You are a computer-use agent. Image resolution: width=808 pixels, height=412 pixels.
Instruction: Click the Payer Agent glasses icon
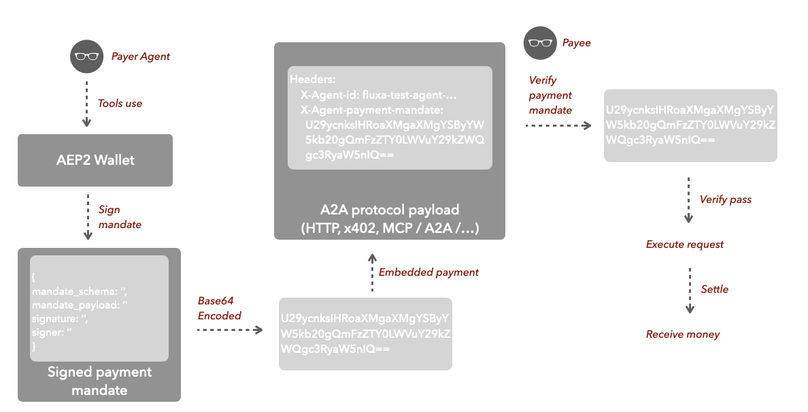[x=86, y=57]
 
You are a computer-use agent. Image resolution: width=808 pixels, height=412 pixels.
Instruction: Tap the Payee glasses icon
[x=539, y=43]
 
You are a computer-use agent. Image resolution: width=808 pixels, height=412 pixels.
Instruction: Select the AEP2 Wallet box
[x=95, y=160]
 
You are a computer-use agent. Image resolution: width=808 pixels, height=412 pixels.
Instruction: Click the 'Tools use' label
[x=120, y=104]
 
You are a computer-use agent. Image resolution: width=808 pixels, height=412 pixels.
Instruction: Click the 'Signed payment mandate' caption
[x=99, y=381]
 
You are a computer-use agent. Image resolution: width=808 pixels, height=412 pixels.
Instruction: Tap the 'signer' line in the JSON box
[x=52, y=332]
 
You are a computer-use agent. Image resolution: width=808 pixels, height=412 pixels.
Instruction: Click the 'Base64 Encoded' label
[x=219, y=308]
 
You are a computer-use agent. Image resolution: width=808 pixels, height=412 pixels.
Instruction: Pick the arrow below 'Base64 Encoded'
[x=230, y=330]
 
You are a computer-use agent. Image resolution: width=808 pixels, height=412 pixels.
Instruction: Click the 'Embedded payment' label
[x=428, y=272]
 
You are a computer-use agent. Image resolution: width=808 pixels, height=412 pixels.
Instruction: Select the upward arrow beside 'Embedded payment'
[x=371, y=273]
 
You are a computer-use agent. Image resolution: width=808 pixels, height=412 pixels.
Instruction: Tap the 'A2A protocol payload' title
[x=390, y=210]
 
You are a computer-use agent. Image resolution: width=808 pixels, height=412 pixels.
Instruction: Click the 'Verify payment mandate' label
[x=550, y=95]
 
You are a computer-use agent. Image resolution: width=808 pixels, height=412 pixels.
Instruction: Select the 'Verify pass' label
[x=726, y=200]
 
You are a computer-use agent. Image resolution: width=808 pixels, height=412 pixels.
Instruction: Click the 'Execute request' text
[x=685, y=244]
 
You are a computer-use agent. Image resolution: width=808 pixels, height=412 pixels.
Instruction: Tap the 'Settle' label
[x=715, y=289]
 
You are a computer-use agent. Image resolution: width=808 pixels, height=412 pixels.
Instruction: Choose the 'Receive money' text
[x=683, y=334]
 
